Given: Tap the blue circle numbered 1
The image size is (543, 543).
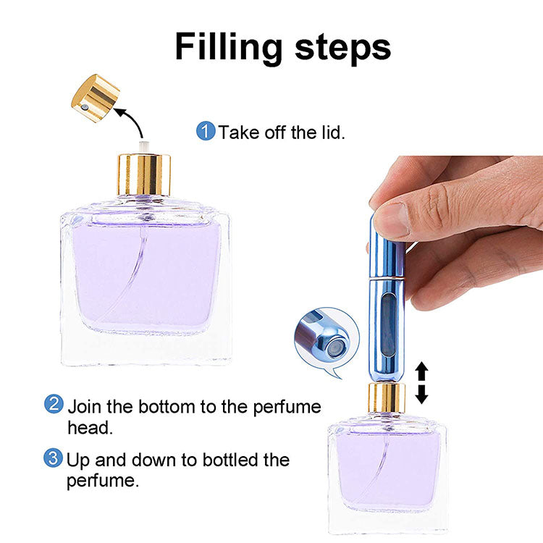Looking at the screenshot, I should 206,132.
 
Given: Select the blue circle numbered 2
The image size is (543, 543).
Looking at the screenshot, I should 54,404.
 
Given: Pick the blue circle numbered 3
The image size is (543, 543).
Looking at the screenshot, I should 54,458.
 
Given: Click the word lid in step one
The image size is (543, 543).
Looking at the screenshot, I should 329,132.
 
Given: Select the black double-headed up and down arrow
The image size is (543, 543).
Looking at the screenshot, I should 421,383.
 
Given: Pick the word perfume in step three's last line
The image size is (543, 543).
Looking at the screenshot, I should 102,481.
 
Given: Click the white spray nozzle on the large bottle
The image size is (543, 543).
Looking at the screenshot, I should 143,148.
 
